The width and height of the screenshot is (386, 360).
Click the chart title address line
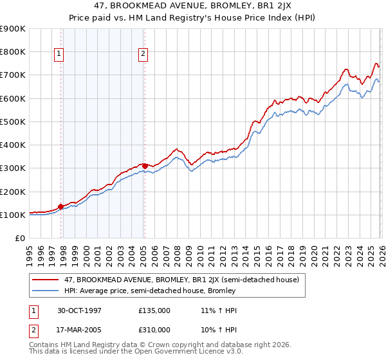pos(193,6)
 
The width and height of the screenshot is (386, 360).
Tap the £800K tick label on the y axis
pos(13,51)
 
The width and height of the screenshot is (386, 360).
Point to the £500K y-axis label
pos(13,122)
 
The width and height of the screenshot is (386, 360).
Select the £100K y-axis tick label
pos(13,215)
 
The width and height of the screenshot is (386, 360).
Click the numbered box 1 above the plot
pos(59,55)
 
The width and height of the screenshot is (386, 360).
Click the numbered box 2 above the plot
pos(142,55)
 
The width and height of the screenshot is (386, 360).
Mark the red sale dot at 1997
pos(61,206)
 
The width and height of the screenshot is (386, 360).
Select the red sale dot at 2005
pos(145,166)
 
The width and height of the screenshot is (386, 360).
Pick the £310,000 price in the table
pos(154,329)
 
